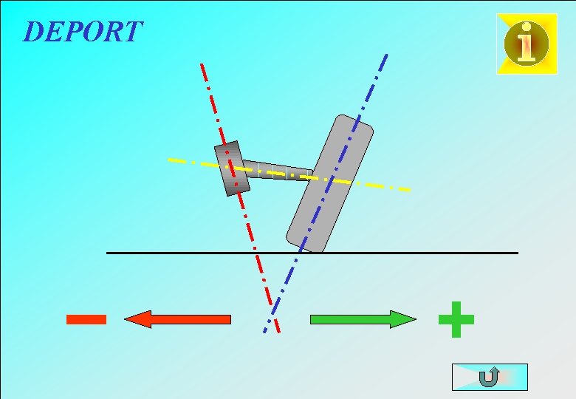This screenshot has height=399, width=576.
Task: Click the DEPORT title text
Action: tap(83, 32)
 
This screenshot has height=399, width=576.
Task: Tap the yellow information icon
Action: tap(527, 44)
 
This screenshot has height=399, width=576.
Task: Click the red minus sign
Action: tap(86, 319)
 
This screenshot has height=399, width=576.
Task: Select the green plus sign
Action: tap(456, 319)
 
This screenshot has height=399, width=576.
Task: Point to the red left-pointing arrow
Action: tap(178, 319)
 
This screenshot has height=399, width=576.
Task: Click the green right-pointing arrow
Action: tap(363, 319)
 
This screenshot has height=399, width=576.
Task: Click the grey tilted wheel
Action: tap(330, 184)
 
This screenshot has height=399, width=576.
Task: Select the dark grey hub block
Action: tap(232, 168)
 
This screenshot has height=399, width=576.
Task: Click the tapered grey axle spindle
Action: tap(277, 171)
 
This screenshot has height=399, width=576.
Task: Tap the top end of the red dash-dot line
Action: tap(201, 64)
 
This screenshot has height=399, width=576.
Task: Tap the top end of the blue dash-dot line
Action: tap(386, 54)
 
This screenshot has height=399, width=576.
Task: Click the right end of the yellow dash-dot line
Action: tap(409, 191)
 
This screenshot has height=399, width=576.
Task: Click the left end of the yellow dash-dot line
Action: tap(170, 159)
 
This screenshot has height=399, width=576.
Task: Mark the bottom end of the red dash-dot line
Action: tap(279, 332)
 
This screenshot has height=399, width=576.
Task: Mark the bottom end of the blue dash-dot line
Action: tap(264, 332)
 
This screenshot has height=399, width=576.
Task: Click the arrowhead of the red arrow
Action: tap(134, 319)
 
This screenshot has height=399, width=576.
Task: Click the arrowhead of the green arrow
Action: tap(407, 319)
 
